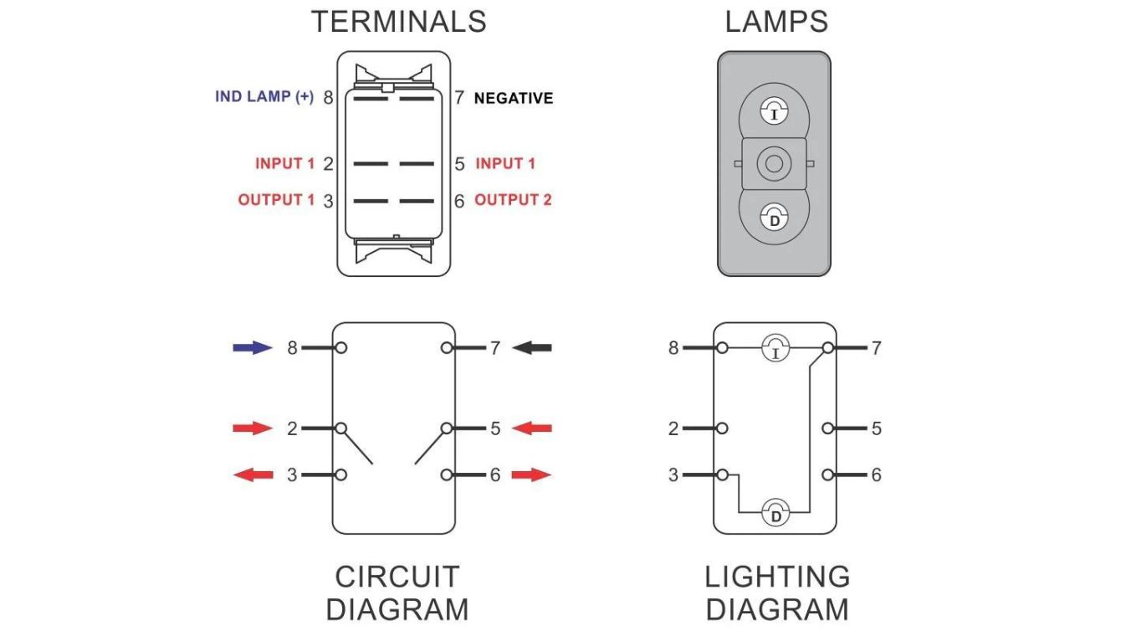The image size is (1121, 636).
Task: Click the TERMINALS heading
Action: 398,22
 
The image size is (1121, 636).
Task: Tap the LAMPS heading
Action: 776,22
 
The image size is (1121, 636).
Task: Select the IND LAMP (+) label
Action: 264,97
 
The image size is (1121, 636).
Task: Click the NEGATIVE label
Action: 514,99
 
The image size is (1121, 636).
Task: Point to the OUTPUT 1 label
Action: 277,200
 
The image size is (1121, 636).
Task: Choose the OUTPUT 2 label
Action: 513,200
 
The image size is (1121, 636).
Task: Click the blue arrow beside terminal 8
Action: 252,347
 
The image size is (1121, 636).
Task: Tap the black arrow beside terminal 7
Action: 532,347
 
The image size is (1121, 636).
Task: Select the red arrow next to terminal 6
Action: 532,475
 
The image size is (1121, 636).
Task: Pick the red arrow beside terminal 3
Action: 252,475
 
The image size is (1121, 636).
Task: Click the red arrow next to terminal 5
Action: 532,428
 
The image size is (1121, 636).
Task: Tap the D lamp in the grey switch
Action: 774,218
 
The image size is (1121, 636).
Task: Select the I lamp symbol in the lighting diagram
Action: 775,348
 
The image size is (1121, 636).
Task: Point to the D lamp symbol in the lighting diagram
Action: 775,512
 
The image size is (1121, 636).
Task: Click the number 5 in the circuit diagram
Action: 495,428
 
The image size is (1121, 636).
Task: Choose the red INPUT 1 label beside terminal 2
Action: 284,164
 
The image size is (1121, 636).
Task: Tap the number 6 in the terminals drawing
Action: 459,201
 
